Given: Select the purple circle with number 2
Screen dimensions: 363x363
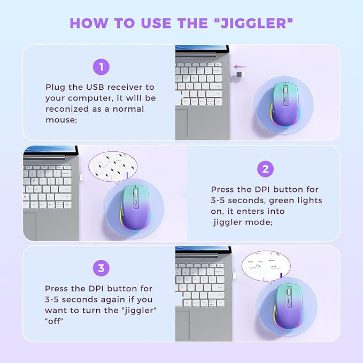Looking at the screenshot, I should coord(266,169).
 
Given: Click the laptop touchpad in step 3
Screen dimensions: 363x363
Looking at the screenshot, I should coord(182,326).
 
